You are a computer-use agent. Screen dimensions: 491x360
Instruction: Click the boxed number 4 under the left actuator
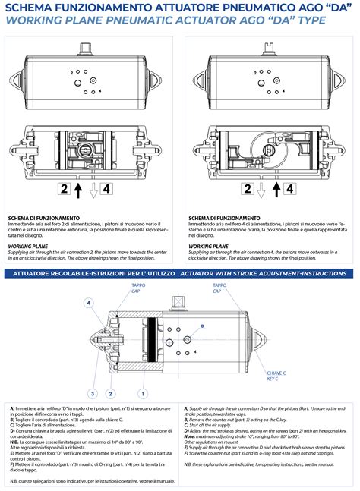pyautogui.click(x=107, y=190)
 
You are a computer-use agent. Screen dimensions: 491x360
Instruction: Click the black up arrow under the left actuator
pyautogui.click(x=79, y=190)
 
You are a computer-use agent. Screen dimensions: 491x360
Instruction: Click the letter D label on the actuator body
pyautogui.click(x=203, y=326)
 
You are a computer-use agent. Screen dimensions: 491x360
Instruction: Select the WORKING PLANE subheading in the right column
pyautogui.click(x=209, y=247)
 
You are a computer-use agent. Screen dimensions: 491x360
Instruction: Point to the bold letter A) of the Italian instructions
pyautogui.click(x=12, y=408)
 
